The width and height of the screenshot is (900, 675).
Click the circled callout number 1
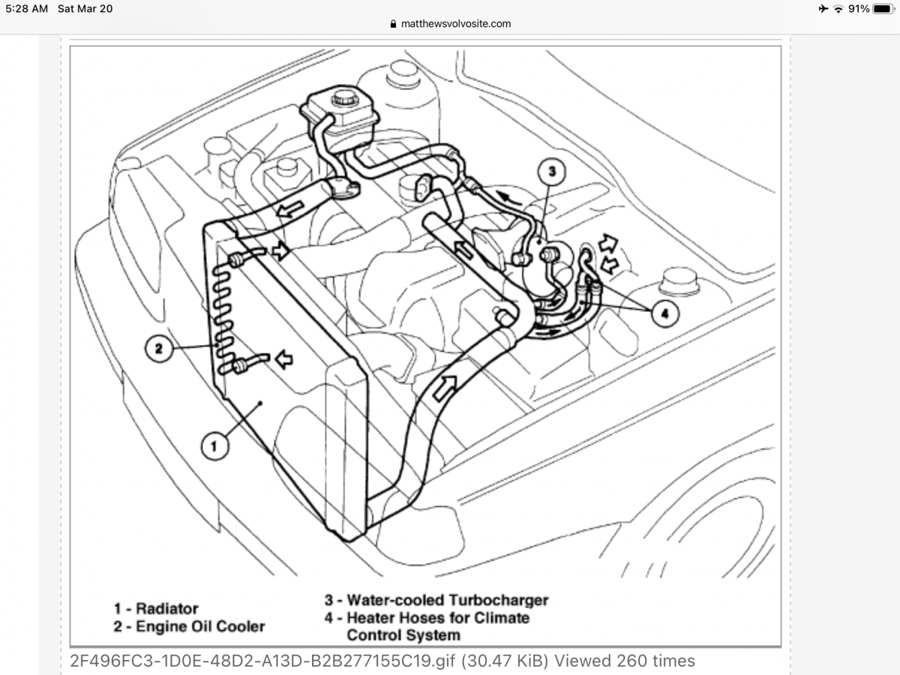[x=214, y=447]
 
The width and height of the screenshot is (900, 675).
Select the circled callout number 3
[x=551, y=172]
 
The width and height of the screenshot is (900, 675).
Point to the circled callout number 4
[x=663, y=313]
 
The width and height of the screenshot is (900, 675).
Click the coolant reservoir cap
[x=345, y=97]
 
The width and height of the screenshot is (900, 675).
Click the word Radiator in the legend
[x=167, y=608]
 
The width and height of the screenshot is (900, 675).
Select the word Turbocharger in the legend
[x=499, y=600]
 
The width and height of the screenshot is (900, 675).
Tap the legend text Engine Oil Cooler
[x=200, y=625]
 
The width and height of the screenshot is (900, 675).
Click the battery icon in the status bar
[x=881, y=9]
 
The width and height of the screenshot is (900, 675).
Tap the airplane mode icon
[x=823, y=9]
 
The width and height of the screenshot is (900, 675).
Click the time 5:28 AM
[x=27, y=9]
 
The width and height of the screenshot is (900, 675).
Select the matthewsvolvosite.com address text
[x=456, y=23]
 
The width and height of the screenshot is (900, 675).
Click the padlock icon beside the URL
[x=393, y=24]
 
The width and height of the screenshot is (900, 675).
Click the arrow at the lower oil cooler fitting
[x=283, y=361]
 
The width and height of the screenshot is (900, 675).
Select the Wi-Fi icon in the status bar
[x=838, y=9]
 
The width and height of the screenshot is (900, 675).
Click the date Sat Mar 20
[x=85, y=9]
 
